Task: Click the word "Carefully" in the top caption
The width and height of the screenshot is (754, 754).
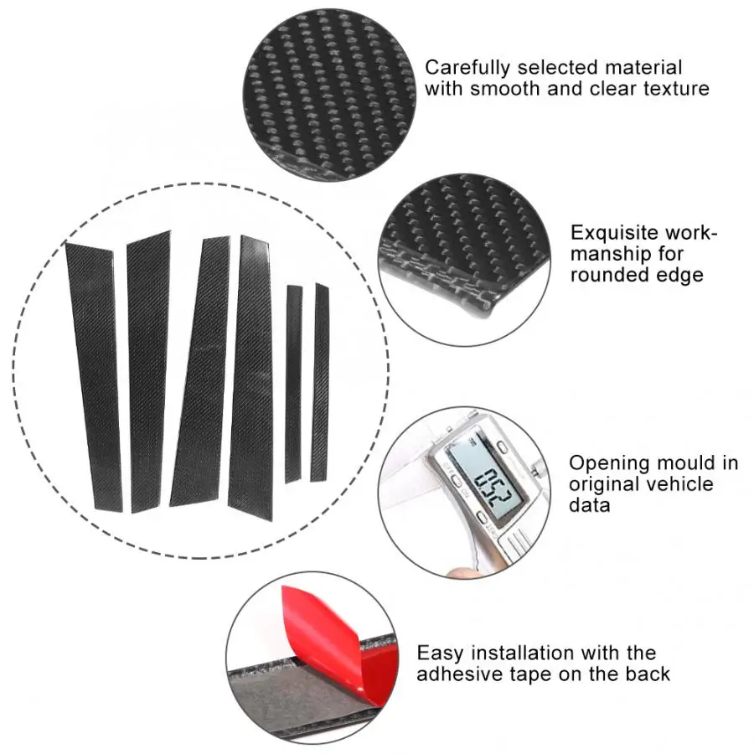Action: pyautogui.click(x=467, y=69)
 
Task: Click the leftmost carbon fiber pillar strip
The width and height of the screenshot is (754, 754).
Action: pyautogui.click(x=94, y=378)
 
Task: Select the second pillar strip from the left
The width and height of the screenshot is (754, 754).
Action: pyautogui.click(x=148, y=372)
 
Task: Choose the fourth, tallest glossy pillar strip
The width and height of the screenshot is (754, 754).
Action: pyautogui.click(x=251, y=378)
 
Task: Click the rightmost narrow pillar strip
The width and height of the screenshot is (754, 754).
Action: pyautogui.click(x=320, y=382)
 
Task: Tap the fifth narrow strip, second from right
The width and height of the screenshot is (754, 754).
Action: pyautogui.click(x=294, y=384)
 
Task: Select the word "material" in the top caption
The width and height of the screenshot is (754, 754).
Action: pyautogui.click(x=643, y=68)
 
